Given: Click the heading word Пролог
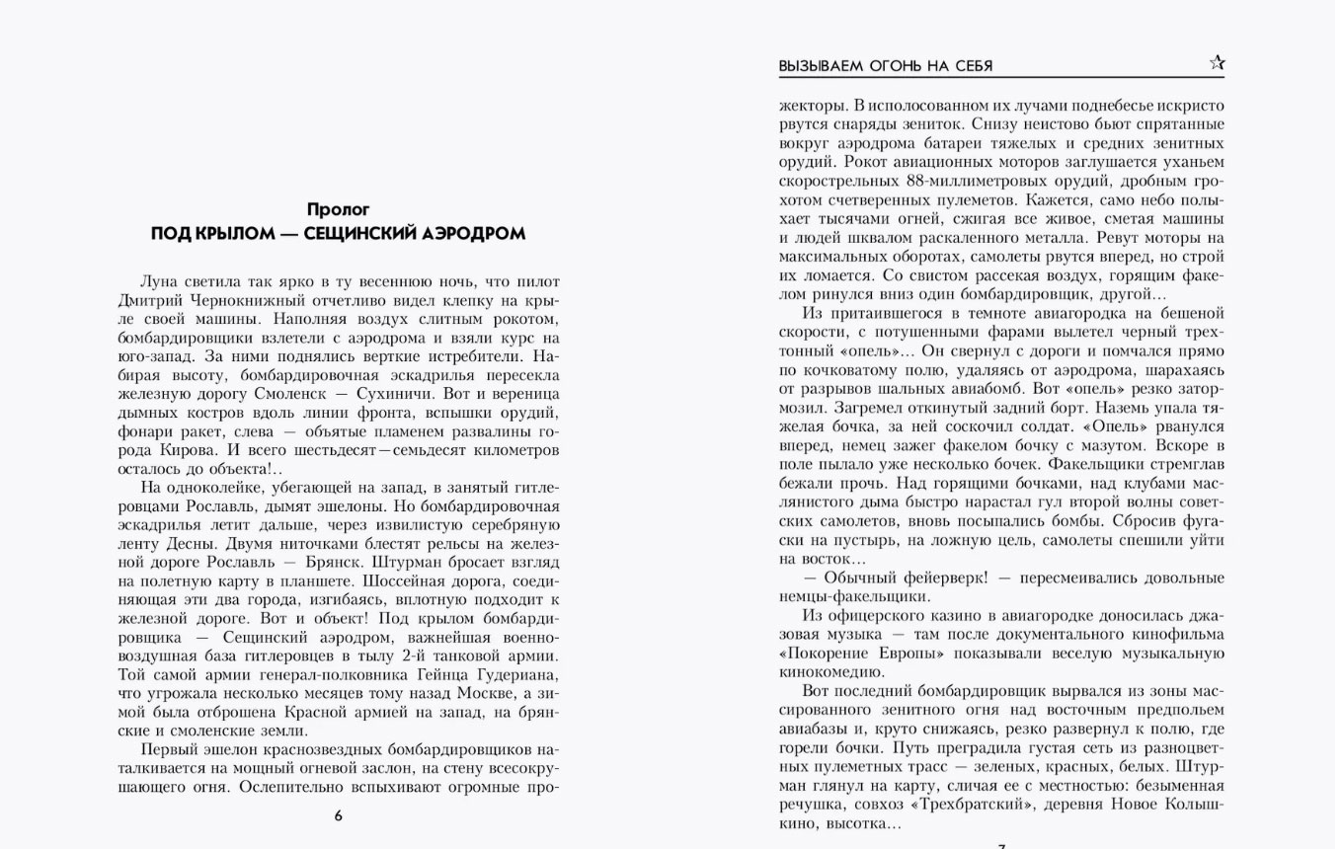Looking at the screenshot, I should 338,209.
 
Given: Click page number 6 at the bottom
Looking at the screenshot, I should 339,815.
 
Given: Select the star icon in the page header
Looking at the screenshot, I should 1217,63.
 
